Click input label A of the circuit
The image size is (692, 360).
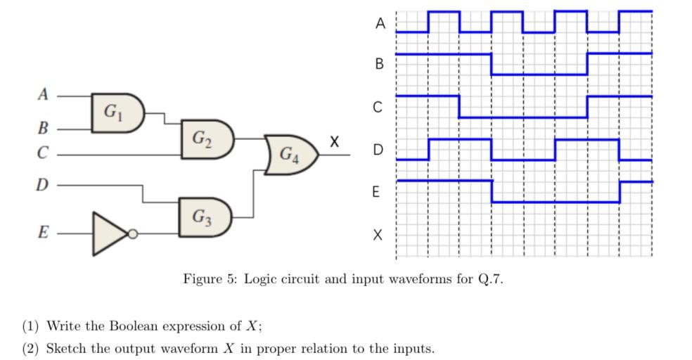pos(44,94)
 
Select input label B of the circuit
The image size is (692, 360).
pos(43,129)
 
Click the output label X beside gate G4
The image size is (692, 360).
pos(334,142)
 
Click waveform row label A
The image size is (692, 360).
pos(380,23)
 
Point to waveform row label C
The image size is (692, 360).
pos(378,108)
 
